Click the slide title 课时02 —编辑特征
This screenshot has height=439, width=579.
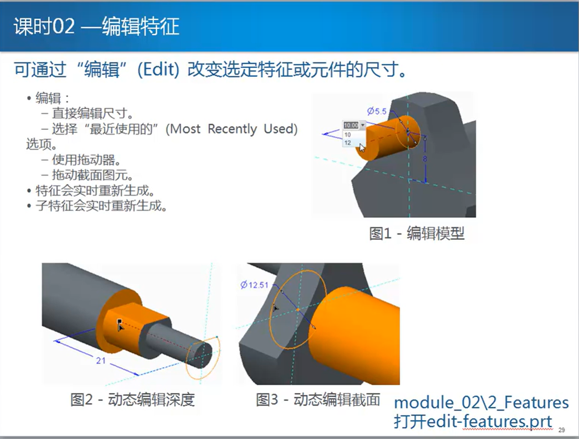click(x=97, y=26)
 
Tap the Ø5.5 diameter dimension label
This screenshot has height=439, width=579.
click(x=377, y=111)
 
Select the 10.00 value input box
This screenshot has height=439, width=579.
click(x=351, y=125)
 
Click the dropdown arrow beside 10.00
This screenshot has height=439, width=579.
click(x=363, y=125)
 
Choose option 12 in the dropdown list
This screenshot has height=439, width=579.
click(x=347, y=143)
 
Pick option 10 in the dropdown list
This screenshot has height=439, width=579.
click(x=347, y=135)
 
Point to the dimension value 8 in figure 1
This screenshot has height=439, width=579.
click(x=425, y=159)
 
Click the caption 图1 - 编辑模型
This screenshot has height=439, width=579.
click(x=417, y=233)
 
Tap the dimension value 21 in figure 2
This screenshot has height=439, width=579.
click(x=101, y=360)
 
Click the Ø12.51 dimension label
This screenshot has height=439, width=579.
click(x=254, y=285)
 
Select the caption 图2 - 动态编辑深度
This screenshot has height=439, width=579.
click(x=133, y=399)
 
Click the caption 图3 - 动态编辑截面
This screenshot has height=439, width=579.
click(x=318, y=399)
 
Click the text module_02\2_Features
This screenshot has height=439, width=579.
click(x=482, y=403)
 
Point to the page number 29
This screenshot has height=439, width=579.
click(x=562, y=430)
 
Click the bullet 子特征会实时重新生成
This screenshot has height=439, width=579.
click(x=97, y=206)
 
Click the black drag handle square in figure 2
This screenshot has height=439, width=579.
click(x=119, y=321)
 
